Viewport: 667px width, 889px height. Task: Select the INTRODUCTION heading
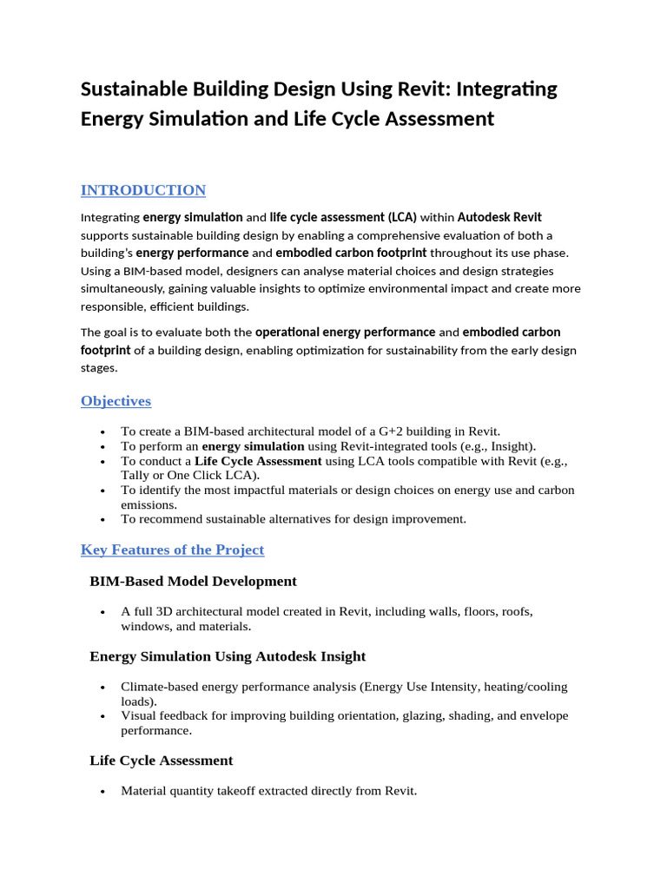(x=143, y=190)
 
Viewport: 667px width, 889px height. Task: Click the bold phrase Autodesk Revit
(x=499, y=217)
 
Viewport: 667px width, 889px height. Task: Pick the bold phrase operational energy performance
(x=345, y=332)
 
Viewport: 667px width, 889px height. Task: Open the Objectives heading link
(x=116, y=401)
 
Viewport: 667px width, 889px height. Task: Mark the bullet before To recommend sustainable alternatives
(x=103, y=520)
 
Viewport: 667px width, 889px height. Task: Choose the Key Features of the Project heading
(x=172, y=550)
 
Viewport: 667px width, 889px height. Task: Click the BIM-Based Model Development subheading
(x=193, y=581)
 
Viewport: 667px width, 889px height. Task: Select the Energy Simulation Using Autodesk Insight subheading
(x=228, y=656)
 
